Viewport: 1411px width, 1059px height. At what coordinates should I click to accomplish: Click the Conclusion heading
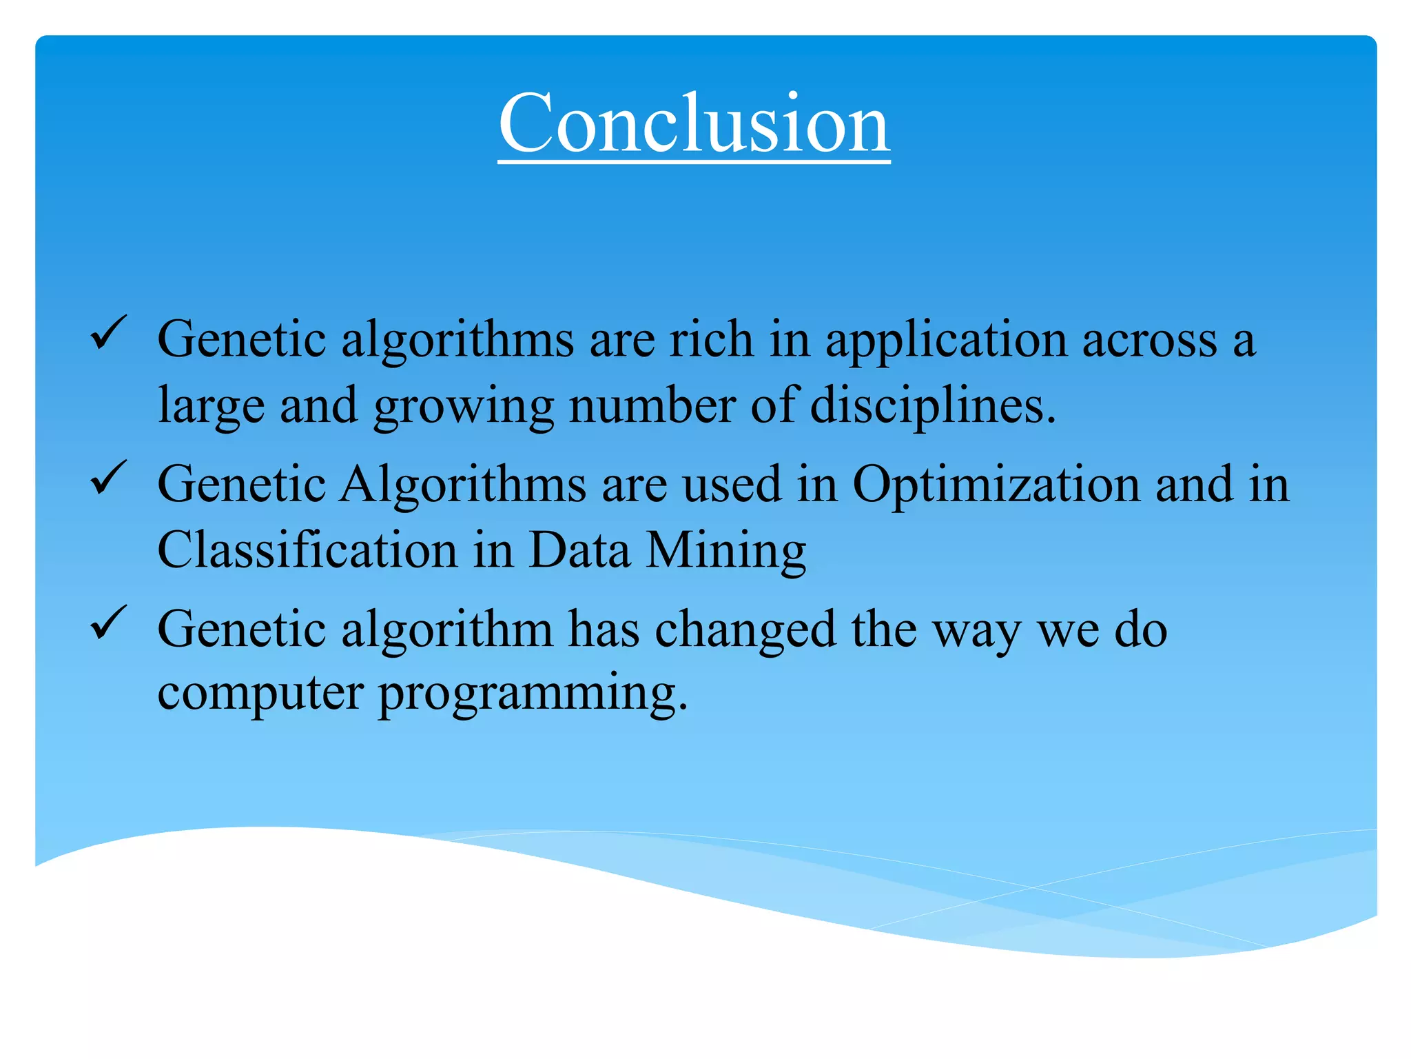tap(694, 124)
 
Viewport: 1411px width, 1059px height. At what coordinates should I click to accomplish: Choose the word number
tap(652, 405)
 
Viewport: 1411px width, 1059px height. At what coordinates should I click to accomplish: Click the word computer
tap(260, 694)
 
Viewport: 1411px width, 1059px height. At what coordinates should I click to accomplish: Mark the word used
tap(732, 485)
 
